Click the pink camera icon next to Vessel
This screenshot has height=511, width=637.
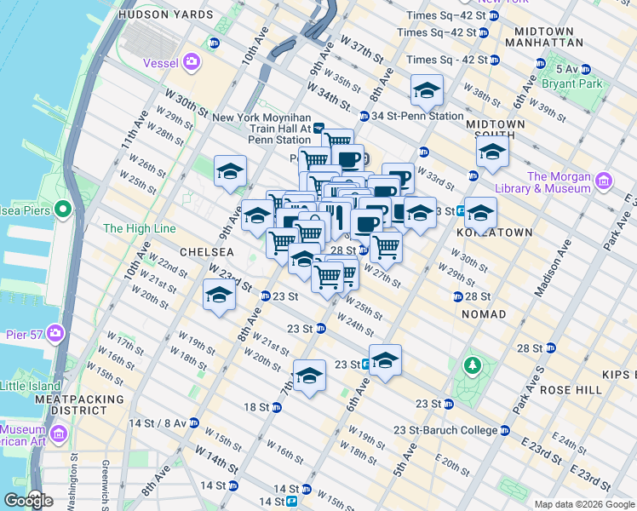coord(192,60)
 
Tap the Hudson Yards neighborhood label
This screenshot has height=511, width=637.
coord(165,15)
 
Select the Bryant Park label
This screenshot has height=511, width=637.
coord(579,84)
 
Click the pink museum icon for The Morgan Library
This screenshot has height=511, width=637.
coord(604,181)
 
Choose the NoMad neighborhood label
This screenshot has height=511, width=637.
coord(483,314)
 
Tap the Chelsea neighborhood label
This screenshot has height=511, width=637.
coord(206,252)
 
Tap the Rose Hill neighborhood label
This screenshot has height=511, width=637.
coord(576,389)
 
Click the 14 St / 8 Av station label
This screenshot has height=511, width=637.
coord(159,422)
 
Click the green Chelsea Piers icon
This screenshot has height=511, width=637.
coord(62,209)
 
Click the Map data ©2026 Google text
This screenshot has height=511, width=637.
coord(583,504)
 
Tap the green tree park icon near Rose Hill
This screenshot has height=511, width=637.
coord(471,365)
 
